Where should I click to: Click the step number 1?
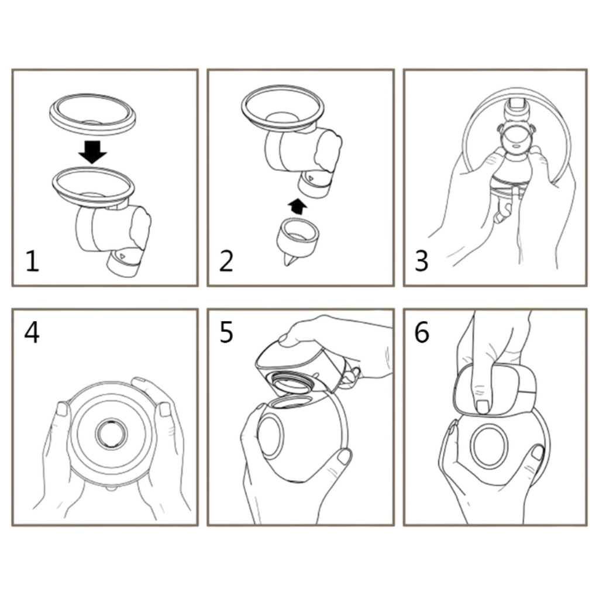33,261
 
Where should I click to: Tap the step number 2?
226,261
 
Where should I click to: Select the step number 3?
422,261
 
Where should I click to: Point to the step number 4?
32,332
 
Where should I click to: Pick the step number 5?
226,332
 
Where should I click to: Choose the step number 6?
422,332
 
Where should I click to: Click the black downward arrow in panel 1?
92,152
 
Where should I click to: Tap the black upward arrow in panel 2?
297,206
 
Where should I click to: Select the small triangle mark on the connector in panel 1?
122,256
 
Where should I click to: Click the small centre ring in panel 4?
112,433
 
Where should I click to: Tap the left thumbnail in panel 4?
62,409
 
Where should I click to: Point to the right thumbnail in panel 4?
165,409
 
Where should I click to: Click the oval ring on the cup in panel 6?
490,445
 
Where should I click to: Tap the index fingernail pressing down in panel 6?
483,407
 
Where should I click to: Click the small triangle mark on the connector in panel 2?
311,178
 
